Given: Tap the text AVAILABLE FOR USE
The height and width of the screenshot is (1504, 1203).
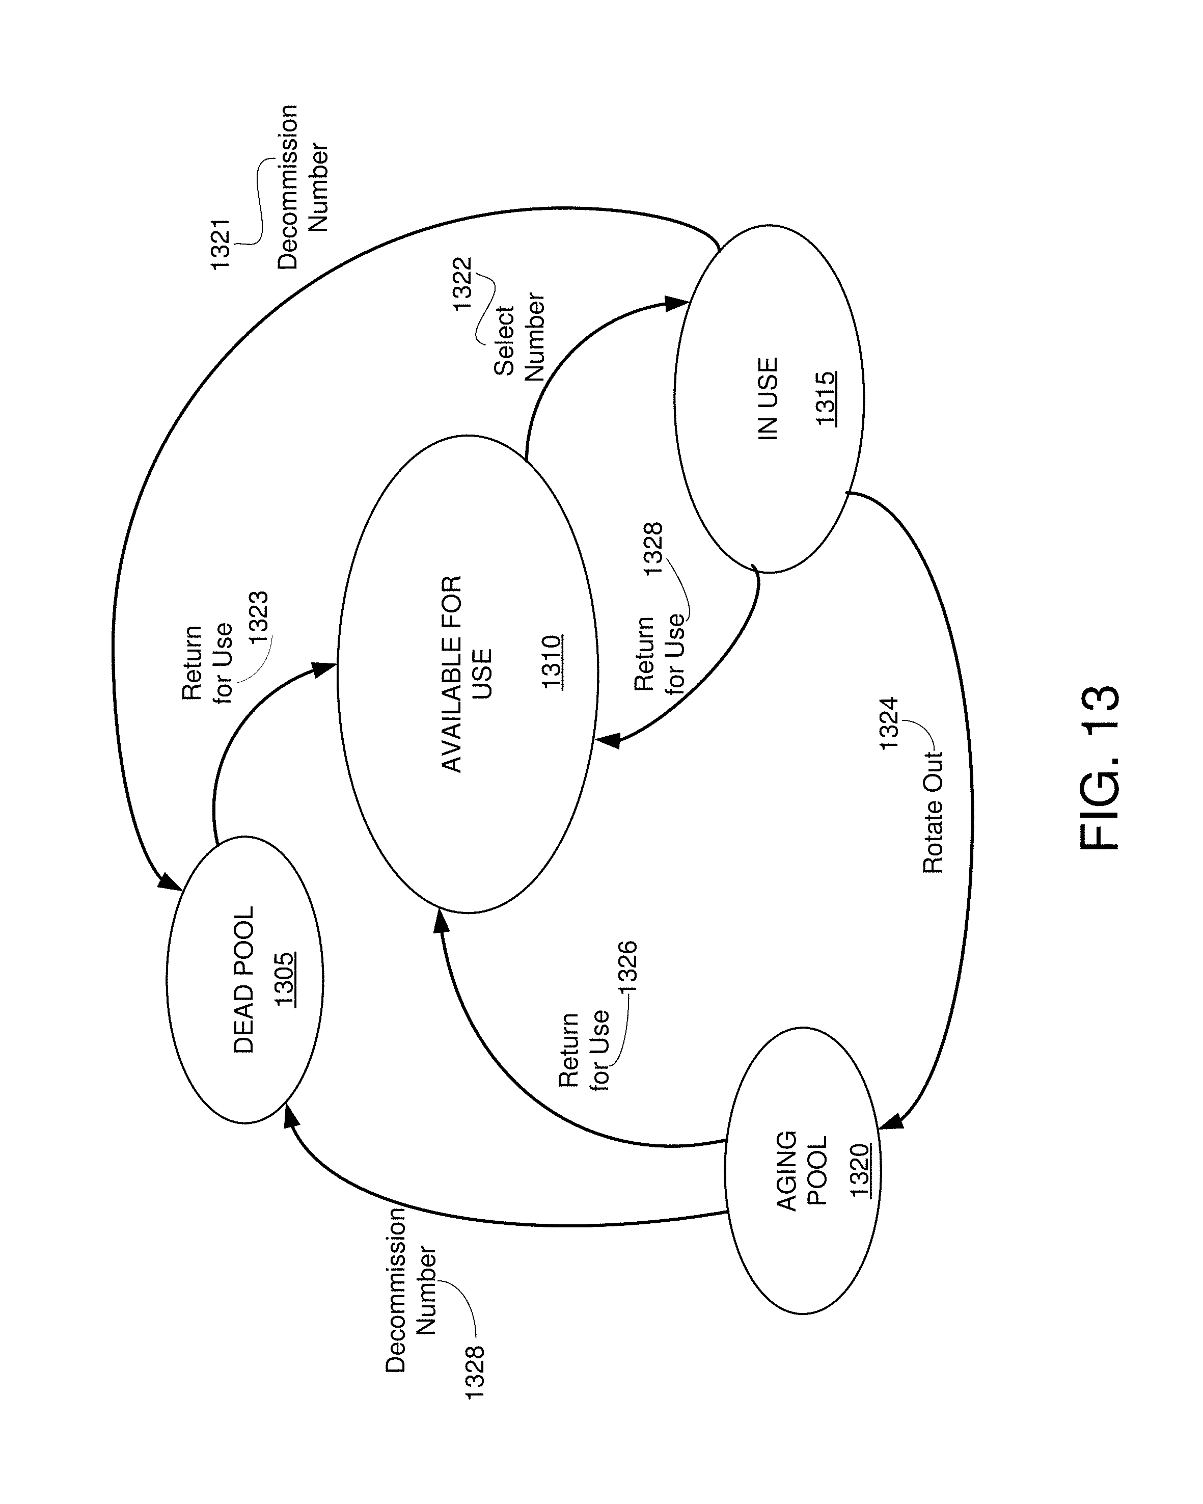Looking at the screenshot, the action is tap(467, 674).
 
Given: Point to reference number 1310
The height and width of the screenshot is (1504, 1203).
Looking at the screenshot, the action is tap(552, 662).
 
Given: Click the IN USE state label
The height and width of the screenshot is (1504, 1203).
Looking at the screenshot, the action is tap(767, 398).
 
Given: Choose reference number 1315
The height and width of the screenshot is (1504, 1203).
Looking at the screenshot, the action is tap(826, 398).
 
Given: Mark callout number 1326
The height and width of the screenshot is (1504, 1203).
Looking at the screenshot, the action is tap(627, 967).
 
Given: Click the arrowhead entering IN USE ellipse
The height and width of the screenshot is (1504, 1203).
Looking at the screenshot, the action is tap(676, 304).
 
